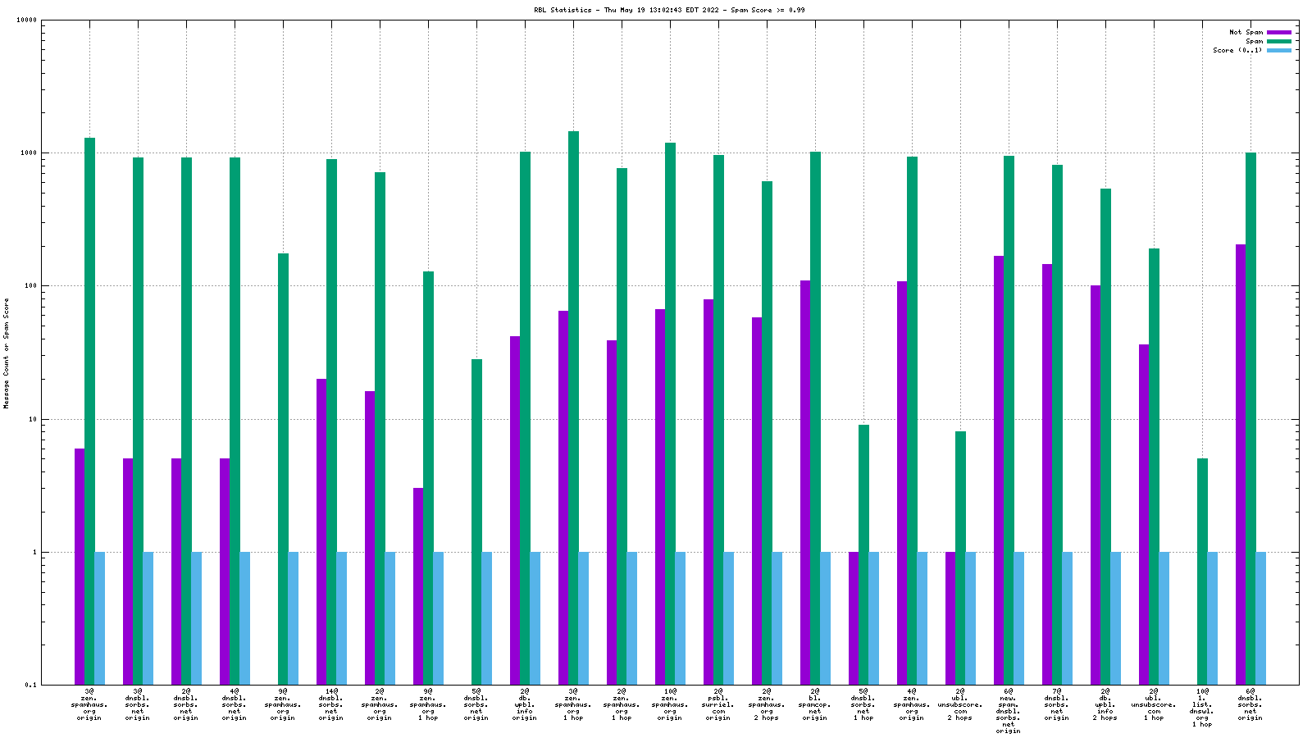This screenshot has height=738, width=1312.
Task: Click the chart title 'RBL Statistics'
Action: (563, 10)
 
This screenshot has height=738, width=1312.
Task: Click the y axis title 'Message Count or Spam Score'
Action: (7, 353)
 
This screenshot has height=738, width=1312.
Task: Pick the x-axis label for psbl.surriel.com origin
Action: (718, 704)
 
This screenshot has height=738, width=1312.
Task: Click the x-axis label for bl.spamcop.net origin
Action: (815, 704)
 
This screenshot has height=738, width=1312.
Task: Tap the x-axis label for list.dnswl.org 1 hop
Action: (1202, 708)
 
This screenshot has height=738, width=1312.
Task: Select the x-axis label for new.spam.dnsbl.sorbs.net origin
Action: (1009, 711)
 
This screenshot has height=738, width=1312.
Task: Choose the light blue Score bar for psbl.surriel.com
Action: (728, 618)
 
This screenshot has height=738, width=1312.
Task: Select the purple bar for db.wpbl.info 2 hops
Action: (1096, 485)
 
